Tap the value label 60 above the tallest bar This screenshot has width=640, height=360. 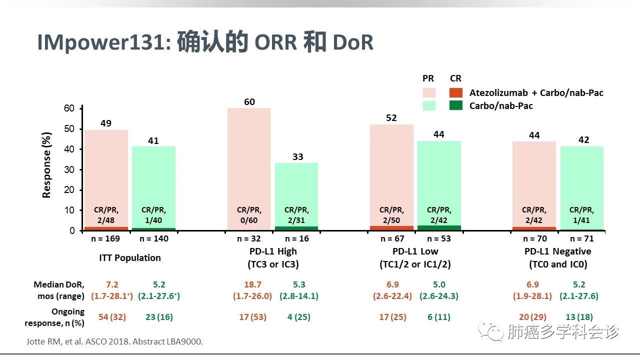pos(249,102)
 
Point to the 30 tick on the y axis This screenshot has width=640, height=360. pos(69,169)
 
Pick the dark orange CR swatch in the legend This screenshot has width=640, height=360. pos(455,93)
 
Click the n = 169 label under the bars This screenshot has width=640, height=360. pos(105,238)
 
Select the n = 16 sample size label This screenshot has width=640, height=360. pos(296,238)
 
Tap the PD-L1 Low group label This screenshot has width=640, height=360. pos(415,251)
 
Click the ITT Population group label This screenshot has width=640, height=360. pos(129,258)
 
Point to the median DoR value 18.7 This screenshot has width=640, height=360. pos(252,284)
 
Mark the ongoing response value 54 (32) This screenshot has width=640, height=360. pos(112,317)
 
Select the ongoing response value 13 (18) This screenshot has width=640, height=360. pos(579,317)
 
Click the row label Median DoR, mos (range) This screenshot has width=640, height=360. pos(59,290)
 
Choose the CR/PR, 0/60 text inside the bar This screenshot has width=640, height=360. pos(249,214)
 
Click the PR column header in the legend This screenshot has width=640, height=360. pos(428,78)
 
